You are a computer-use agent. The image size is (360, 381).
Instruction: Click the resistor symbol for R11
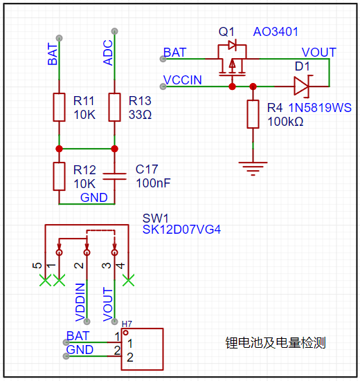point(59,107)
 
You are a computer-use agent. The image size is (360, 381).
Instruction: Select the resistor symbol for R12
point(59,176)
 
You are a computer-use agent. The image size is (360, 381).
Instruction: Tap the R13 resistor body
point(114,107)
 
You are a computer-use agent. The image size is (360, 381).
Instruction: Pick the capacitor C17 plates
point(114,176)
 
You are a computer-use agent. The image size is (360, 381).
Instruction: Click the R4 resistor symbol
point(253,114)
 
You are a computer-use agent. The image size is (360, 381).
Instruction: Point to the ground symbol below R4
point(253,169)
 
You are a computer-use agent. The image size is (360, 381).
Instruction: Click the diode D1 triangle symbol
point(302,86)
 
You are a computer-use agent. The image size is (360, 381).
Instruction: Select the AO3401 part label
point(276,32)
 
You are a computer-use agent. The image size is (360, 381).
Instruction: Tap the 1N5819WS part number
point(320,108)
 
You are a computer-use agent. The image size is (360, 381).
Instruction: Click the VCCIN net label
point(183,80)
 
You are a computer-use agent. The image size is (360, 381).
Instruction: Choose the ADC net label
point(108,53)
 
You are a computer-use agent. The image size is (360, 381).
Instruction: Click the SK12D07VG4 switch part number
point(181,230)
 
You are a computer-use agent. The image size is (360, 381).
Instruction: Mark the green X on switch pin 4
point(129,280)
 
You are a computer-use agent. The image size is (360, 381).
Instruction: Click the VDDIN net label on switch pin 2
point(80,302)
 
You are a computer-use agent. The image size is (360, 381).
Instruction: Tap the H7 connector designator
point(127,324)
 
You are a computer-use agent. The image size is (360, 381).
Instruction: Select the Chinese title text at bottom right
point(276,343)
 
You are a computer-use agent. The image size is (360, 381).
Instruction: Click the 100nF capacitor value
point(153,183)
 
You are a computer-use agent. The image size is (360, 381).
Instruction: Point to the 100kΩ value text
point(285,122)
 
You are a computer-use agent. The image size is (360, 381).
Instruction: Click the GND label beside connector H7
point(80,350)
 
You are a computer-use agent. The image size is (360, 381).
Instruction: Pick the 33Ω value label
point(140,115)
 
